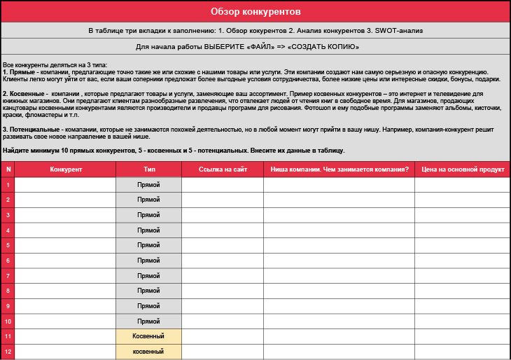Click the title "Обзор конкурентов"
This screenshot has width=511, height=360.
(255, 12)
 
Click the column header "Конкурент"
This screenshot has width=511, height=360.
(66, 169)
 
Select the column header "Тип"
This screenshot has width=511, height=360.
(149, 169)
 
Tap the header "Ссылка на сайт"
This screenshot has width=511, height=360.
(223, 169)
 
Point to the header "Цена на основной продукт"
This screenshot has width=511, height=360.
(462, 169)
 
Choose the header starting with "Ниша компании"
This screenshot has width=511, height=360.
(339, 169)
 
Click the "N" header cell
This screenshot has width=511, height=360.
(8, 169)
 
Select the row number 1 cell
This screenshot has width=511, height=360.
(8, 185)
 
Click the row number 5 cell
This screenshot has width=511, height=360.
(8, 245)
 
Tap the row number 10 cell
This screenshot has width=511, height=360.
(8, 321)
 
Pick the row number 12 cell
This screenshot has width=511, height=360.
(8, 351)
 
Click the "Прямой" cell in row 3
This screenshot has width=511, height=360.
(149, 215)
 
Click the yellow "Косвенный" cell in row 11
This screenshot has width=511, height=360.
(149, 336)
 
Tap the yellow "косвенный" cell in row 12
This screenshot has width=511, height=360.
(149, 351)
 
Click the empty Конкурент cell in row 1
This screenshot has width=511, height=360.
(66, 185)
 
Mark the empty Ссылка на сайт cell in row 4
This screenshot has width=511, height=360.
(223, 230)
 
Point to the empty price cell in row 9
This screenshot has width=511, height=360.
(462, 305)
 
